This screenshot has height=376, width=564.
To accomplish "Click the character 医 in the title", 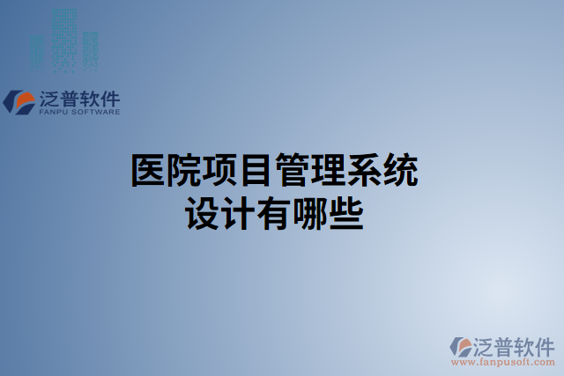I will [148, 170].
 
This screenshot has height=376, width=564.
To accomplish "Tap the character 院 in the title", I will [184, 170].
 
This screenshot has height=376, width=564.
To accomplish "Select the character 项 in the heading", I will [220, 170].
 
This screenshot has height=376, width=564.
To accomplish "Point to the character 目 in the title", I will [256, 170].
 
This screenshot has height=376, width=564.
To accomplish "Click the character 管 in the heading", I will [292, 170].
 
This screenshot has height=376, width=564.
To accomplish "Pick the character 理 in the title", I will [328, 170].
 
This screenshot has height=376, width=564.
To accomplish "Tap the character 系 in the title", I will [364, 170].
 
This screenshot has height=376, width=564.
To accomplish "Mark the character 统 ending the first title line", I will [400, 170].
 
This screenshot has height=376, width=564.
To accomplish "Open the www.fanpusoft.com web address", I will [501, 363].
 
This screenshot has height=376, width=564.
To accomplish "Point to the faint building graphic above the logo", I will [63, 40].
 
